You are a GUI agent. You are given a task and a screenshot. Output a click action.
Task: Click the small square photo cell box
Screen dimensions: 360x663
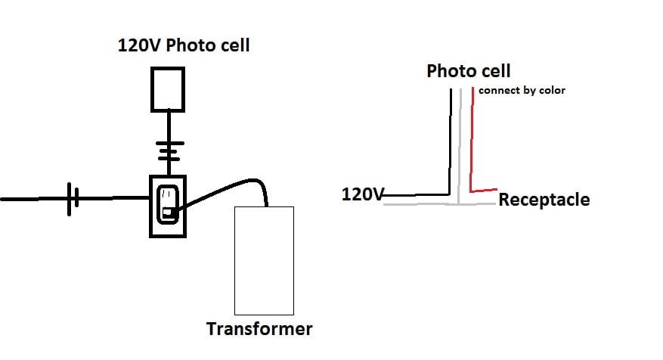[168, 88]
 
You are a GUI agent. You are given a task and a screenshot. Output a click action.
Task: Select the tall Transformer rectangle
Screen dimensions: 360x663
[263, 260]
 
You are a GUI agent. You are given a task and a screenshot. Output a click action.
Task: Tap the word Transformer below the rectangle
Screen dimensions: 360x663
[259, 330]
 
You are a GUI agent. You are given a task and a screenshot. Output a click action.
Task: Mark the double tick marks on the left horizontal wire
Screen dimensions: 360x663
[72, 199]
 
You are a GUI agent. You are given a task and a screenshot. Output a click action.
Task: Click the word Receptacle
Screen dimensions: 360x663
[544, 200]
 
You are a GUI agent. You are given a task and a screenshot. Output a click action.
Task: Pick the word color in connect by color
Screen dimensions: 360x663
[552, 90]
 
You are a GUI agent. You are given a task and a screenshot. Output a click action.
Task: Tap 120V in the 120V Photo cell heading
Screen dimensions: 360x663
[140, 45]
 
